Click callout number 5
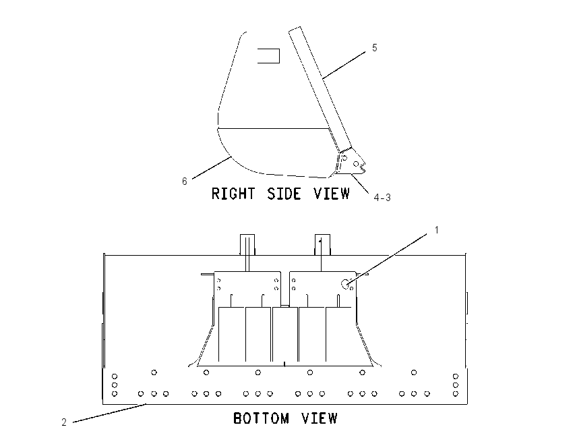(375, 48)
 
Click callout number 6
(185, 181)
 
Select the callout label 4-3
(382, 198)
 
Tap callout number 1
(436, 230)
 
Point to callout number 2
(64, 422)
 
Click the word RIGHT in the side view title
(233, 194)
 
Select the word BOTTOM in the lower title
(261, 418)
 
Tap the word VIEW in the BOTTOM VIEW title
(320, 418)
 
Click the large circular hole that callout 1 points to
(345, 284)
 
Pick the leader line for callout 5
(344, 65)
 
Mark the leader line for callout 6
(212, 168)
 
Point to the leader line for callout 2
(110, 413)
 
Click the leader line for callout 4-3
(360, 183)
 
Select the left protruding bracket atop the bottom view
(247, 245)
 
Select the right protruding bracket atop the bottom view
(323, 245)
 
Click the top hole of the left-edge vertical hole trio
(115, 376)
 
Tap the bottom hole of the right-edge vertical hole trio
(455, 394)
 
